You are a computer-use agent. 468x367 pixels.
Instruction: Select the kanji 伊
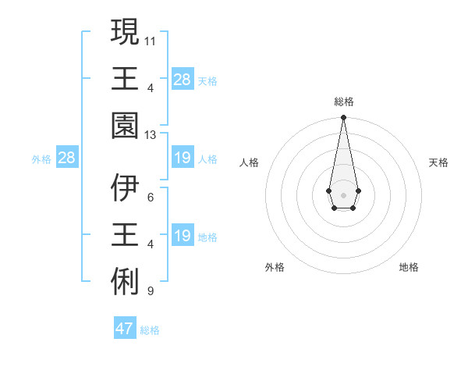[x=126, y=187]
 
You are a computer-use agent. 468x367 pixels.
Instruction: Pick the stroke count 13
[x=151, y=134]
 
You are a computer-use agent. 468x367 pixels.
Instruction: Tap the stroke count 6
[x=151, y=198]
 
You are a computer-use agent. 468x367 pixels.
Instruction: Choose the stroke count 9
[x=151, y=291]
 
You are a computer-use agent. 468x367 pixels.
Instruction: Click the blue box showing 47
[x=125, y=329]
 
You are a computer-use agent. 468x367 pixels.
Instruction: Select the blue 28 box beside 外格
[x=66, y=159]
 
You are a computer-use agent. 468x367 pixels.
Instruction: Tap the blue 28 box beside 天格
[x=182, y=80]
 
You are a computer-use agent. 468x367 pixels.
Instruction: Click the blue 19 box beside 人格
[x=182, y=159]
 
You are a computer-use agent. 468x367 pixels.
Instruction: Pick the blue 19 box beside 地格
[x=182, y=236]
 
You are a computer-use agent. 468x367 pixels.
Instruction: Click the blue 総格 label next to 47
[x=150, y=330]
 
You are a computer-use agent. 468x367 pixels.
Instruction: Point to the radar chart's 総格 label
[x=343, y=102]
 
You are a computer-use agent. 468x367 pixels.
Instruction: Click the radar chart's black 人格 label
[x=249, y=162]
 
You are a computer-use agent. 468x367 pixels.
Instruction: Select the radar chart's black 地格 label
[x=409, y=267]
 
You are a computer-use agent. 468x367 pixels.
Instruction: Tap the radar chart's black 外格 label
[x=275, y=267]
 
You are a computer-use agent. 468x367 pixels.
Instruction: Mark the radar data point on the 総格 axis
[x=343, y=118]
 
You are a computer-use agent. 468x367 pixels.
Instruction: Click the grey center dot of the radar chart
[x=343, y=194]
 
